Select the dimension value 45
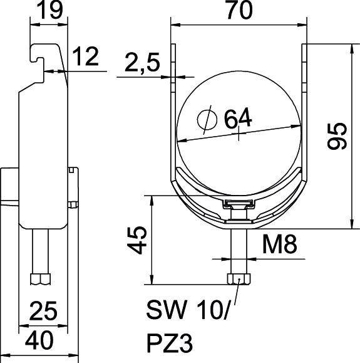[138, 239]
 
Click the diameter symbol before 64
[204, 118]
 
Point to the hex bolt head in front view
[240, 278]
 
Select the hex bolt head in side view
[41, 278]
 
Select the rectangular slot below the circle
[239, 204]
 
